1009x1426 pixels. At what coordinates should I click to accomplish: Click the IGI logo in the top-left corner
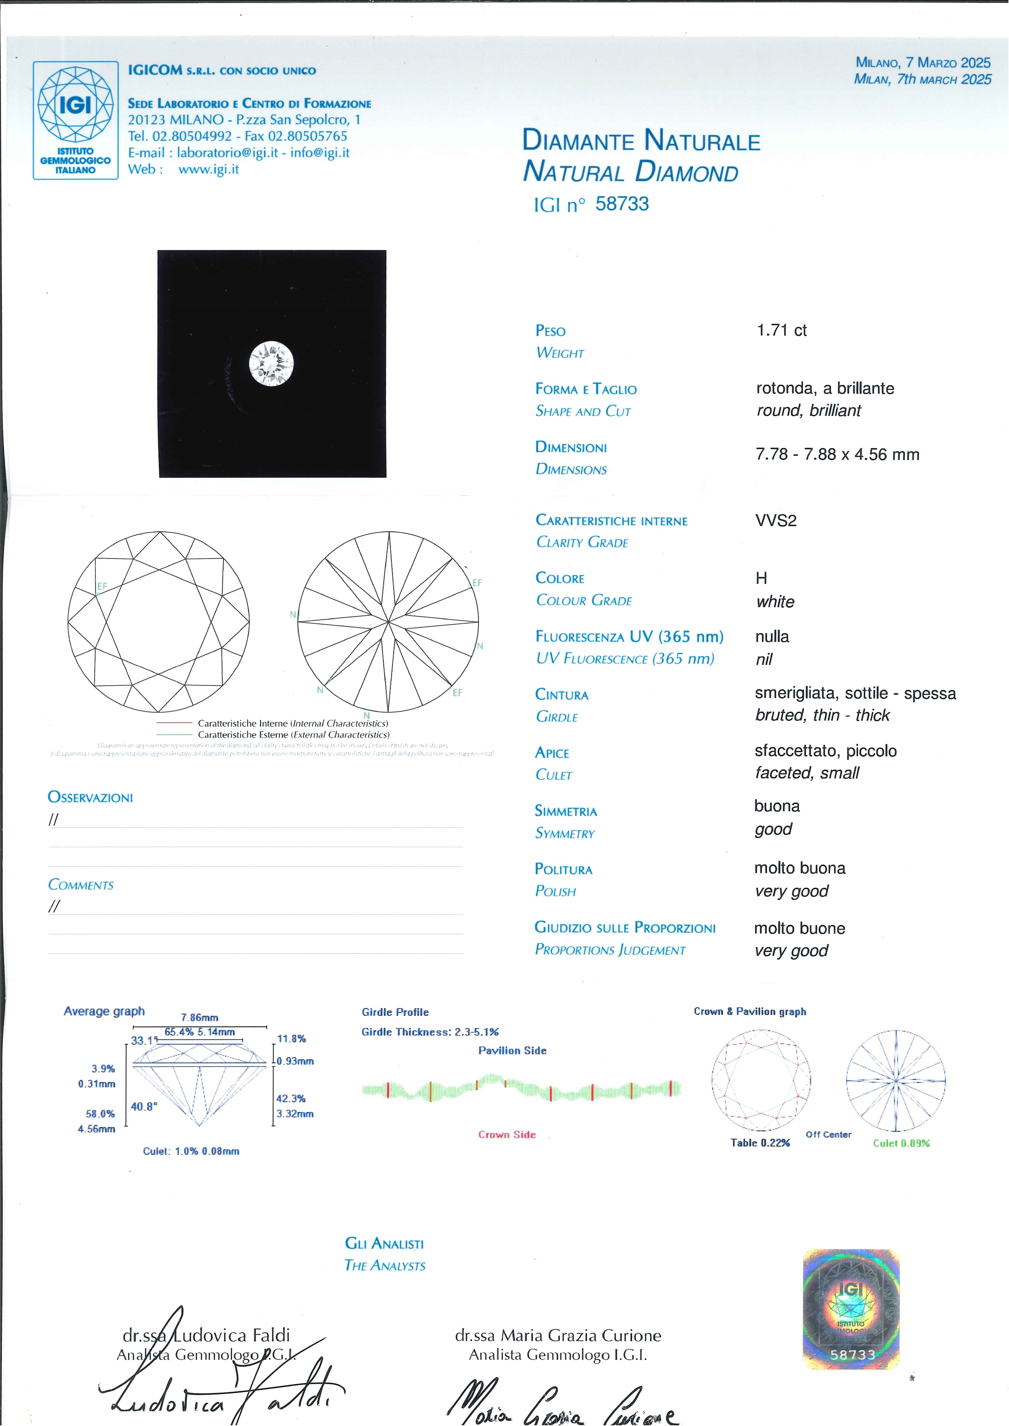click(x=75, y=120)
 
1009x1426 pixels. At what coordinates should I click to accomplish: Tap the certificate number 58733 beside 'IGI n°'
click(x=621, y=204)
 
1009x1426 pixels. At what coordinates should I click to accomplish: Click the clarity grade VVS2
click(x=775, y=520)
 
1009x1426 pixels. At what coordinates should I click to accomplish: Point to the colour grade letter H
click(x=761, y=578)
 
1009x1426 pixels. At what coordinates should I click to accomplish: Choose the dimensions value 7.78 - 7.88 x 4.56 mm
click(x=837, y=455)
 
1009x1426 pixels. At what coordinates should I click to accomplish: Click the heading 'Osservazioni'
click(x=90, y=797)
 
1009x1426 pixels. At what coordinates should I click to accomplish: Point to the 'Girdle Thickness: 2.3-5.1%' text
click(x=430, y=1032)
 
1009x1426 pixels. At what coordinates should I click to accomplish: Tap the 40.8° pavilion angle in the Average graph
click(x=144, y=1106)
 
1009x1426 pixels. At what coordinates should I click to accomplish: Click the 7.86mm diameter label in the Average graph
click(x=199, y=1017)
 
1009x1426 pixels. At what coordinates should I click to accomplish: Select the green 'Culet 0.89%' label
click(x=901, y=1143)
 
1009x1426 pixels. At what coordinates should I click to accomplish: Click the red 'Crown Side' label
click(x=506, y=1135)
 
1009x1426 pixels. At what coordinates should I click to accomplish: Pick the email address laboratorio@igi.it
click(x=227, y=153)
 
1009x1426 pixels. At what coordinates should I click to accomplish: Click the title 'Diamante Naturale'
click(x=641, y=141)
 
